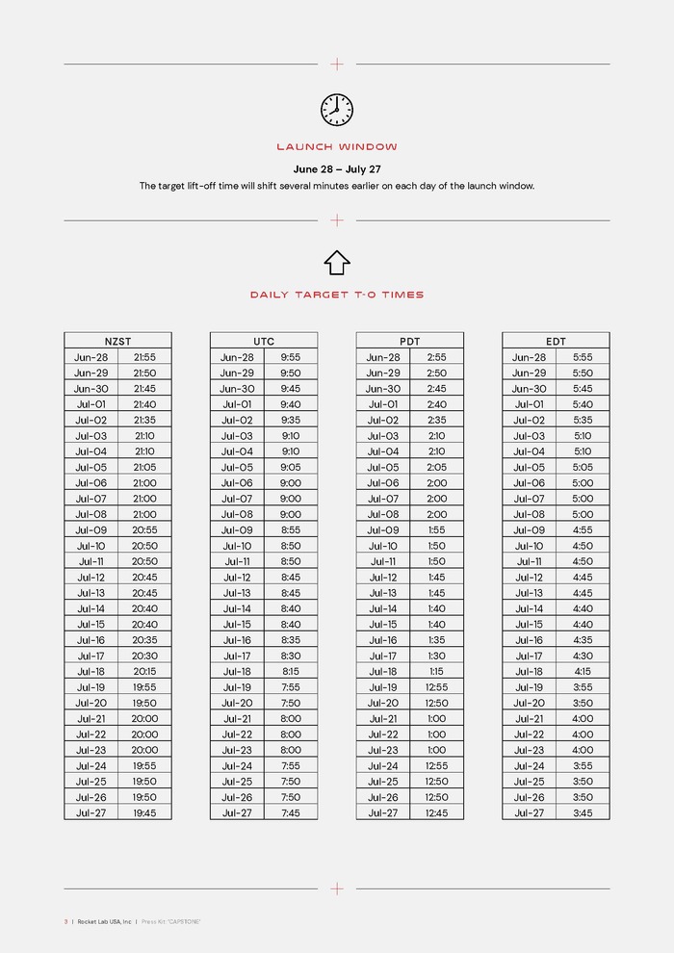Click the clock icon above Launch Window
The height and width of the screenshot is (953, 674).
coord(337,110)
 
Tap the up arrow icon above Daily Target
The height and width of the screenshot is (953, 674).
coord(337,262)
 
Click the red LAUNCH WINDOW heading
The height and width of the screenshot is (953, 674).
coord(337,147)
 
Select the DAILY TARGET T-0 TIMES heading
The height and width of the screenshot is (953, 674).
coord(337,295)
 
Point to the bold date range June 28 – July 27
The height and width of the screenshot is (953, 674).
coord(337,169)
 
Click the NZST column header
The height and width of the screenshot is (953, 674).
coord(117,341)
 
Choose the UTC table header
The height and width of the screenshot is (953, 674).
coord(264,341)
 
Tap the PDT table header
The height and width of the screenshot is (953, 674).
coord(410,341)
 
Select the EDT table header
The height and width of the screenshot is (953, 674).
coord(556,341)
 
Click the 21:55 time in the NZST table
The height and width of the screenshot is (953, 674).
coord(144,357)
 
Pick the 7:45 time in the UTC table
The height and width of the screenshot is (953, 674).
coord(290,812)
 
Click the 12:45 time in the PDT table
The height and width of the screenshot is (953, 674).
coord(436,812)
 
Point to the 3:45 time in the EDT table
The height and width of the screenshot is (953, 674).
coord(583,812)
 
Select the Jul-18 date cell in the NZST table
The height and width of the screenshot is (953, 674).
coord(91,672)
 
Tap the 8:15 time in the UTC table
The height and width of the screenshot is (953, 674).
coord(290,672)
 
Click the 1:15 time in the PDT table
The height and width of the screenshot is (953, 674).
coord(436,672)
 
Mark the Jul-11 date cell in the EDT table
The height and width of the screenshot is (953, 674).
coord(529,561)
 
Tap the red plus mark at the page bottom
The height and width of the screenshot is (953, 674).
coord(337,889)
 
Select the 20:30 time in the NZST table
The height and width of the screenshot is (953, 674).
coord(144,656)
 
